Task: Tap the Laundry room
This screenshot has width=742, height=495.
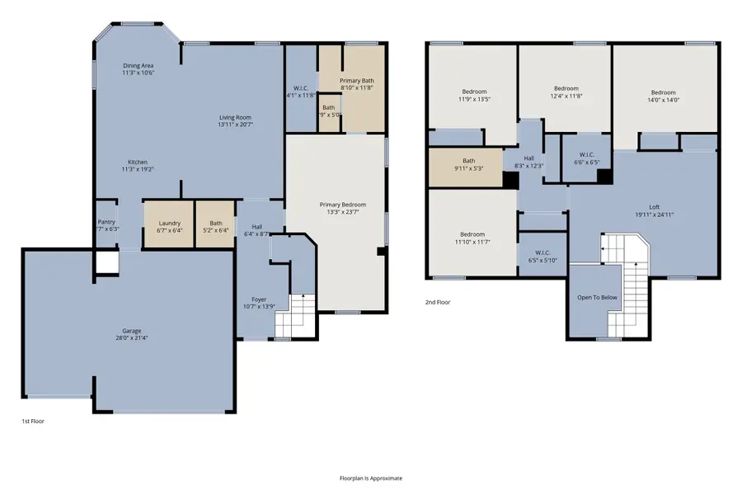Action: click(x=169, y=224)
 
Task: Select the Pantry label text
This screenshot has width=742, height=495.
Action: click(x=106, y=222)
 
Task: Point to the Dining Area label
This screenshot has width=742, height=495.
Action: click(x=138, y=66)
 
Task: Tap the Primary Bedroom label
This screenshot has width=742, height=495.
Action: click(x=342, y=205)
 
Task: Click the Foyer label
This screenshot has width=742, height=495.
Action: click(x=259, y=299)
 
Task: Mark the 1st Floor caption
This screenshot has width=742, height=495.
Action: click(x=32, y=421)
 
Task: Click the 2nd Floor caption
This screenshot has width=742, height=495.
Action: click(x=437, y=302)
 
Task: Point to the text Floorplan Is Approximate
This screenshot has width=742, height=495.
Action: click(x=371, y=478)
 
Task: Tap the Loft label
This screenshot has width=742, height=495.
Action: click(x=655, y=208)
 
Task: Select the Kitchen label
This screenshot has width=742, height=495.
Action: click(x=138, y=162)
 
